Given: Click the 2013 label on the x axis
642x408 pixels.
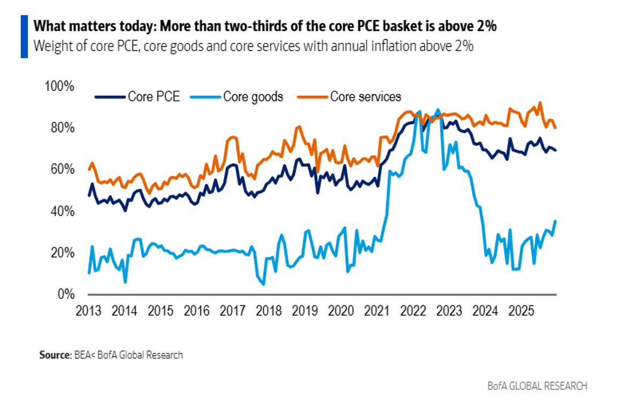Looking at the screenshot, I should tap(89, 310).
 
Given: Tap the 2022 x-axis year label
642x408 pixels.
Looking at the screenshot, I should tap(413, 310).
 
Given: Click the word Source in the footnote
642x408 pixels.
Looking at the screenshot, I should tap(53, 355).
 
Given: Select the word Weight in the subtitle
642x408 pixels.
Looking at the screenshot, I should tap(48, 46).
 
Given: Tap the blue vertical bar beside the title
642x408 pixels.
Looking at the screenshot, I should tap(24, 36).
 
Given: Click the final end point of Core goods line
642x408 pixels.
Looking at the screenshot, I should tap(555, 221).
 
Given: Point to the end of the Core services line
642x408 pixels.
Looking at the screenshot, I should tap(555, 128).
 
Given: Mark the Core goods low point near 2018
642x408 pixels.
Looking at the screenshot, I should tap(263, 284).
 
